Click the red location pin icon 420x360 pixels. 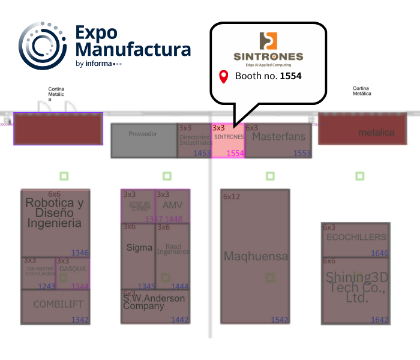(x=224, y=77)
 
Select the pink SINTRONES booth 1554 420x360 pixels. (x=228, y=140)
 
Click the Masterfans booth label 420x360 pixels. (x=278, y=137)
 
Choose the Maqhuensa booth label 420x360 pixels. (x=256, y=257)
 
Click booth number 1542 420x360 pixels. (x=280, y=320)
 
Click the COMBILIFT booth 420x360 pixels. (x=58, y=305)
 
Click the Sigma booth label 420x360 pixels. (x=139, y=248)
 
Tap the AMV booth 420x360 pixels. (x=173, y=205)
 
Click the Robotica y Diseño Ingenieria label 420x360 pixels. (x=54, y=213)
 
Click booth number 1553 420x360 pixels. (x=302, y=154)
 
